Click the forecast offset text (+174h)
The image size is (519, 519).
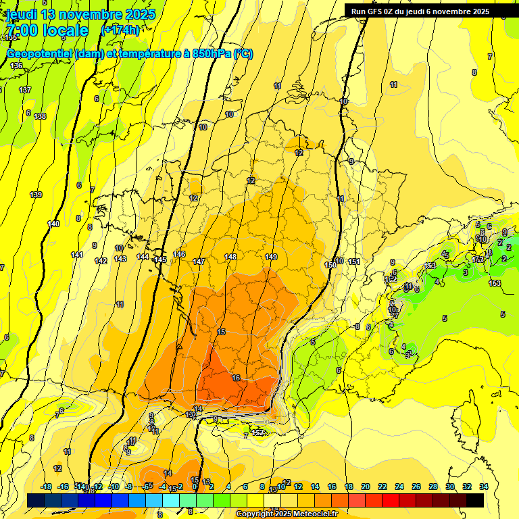(x=120, y=30)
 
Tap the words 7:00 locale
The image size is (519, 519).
(x=47, y=30)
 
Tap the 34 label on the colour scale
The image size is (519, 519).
(x=484, y=487)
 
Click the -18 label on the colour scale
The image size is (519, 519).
(x=47, y=487)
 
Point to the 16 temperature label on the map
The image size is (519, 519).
(x=236, y=378)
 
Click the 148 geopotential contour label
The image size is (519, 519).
(x=230, y=257)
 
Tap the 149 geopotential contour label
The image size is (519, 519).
(x=271, y=257)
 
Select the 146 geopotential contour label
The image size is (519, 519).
(x=179, y=254)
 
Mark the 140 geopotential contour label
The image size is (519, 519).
(x=53, y=224)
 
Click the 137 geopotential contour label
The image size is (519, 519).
(x=25, y=90)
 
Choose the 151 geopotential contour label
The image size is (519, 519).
(x=354, y=262)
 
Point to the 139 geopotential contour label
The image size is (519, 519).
(x=36, y=195)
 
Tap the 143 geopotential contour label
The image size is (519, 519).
(x=120, y=259)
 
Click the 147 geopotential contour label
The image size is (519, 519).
(x=199, y=262)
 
